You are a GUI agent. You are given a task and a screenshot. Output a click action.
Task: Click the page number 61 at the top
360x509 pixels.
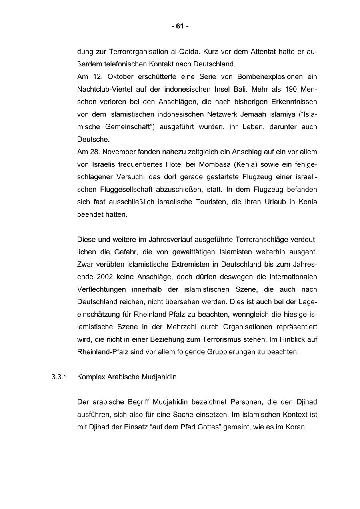point(180,26)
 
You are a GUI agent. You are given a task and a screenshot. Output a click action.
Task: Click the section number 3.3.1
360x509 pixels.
point(59,377)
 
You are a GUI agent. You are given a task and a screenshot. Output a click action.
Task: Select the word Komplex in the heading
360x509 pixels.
point(92,377)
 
